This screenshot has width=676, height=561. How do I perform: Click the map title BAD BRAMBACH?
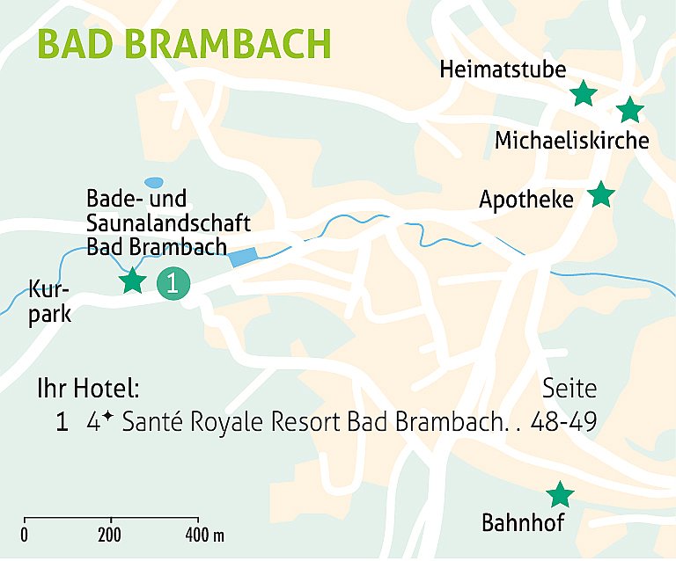[x=185, y=43]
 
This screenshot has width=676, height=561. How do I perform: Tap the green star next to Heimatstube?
[x=583, y=92]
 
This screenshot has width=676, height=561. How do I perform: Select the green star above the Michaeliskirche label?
[x=629, y=110]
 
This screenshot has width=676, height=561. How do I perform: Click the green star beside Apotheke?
[x=600, y=193]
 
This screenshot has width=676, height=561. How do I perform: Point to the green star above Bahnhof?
[x=560, y=494]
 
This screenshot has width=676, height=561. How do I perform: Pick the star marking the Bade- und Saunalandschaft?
[x=132, y=280]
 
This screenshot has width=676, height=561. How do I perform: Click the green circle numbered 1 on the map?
[x=173, y=283]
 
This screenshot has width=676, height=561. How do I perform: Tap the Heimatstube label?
[x=503, y=69]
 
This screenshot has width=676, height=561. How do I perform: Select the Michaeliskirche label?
[x=571, y=141]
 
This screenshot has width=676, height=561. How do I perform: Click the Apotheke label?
[x=525, y=200]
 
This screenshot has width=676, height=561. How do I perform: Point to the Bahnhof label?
[x=522, y=523]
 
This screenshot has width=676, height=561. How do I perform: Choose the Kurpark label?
[x=48, y=302]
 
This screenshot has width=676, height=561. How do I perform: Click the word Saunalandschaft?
[x=169, y=222]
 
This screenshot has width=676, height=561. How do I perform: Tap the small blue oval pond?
[x=154, y=182]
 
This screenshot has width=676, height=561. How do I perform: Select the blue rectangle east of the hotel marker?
[x=244, y=257]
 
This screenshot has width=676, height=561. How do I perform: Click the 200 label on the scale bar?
[x=110, y=535]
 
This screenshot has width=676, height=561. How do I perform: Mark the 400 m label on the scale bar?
[x=204, y=535]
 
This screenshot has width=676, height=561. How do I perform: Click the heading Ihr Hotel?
[x=88, y=389]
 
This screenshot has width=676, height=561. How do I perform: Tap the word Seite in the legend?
[x=569, y=389]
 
